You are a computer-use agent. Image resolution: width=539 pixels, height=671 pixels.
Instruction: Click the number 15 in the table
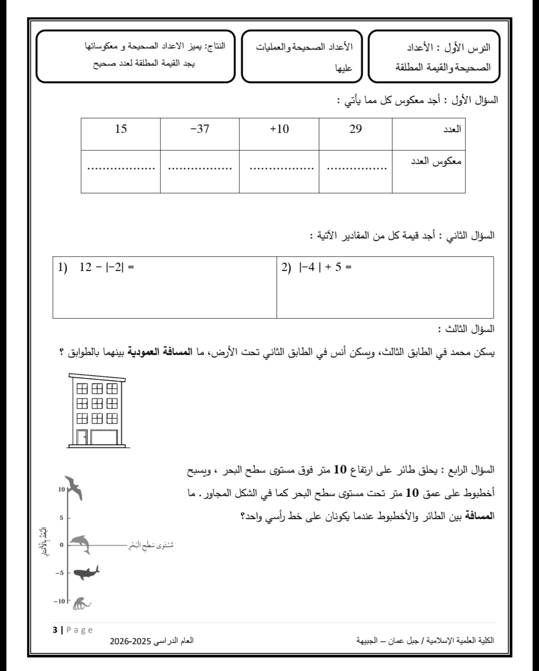[121, 129]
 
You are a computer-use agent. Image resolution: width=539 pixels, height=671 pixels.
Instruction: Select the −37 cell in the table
[200, 129]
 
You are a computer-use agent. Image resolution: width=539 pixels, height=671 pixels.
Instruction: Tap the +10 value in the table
[279, 129]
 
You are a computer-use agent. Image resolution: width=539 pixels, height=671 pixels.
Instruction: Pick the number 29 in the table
[356, 129]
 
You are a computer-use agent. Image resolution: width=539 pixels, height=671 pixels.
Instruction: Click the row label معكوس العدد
[439, 161]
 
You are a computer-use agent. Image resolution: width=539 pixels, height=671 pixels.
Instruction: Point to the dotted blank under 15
[121, 168]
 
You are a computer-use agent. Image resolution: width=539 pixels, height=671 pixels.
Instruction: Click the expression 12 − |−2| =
[106, 267]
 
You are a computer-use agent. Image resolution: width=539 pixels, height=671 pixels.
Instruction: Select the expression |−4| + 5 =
[325, 267]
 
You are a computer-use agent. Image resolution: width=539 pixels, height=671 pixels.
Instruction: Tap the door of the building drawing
[82, 437]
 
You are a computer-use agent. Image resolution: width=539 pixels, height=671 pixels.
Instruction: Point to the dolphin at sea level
[81, 544]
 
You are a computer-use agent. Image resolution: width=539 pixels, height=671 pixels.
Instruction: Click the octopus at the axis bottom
[81, 603]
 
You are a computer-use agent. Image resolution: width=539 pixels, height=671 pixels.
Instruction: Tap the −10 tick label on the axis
[59, 601]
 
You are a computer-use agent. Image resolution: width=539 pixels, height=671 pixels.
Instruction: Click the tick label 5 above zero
[62, 517]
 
